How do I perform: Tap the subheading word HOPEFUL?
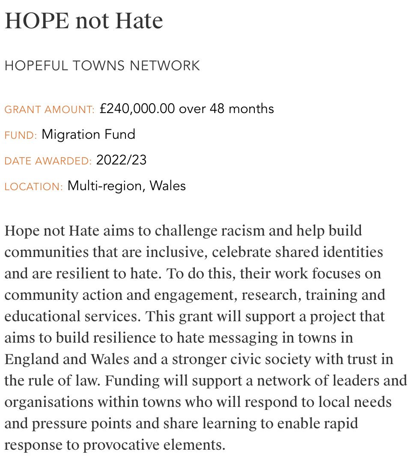pos(36,66)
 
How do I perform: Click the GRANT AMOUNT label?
pos(49,110)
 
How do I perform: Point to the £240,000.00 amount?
pos(137,109)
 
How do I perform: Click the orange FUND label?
pos(21,135)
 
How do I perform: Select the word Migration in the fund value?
pos(66,134)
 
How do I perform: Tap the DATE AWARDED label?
pos(48,161)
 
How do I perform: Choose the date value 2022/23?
pos(121,160)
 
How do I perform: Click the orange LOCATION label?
pos(34,187)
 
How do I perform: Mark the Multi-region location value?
pos(106,186)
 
